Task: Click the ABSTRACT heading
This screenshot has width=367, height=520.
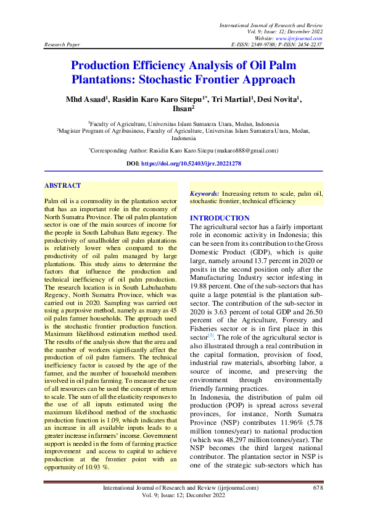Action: click(63, 185)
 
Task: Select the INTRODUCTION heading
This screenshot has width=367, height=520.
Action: click(220, 219)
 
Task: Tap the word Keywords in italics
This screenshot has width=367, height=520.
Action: click(204, 193)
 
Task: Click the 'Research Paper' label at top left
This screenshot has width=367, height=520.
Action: click(62, 45)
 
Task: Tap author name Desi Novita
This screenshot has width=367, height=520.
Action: click(276, 99)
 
